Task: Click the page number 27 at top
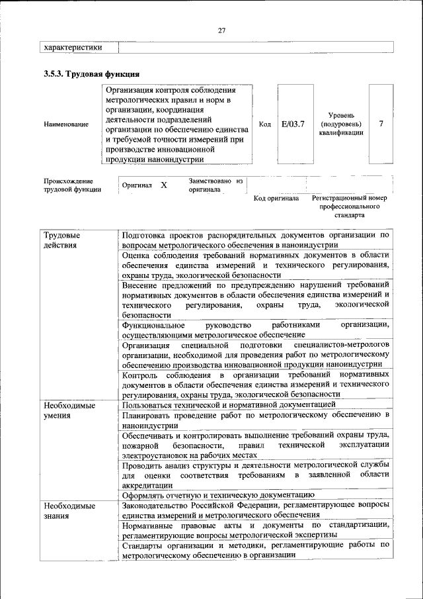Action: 221,30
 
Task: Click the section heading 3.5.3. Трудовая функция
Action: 91,74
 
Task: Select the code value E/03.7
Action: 292,124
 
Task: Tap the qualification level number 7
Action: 381,124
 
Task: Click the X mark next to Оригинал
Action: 164,186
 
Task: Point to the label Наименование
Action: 66,124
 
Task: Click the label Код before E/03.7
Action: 264,124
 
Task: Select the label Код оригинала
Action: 276,198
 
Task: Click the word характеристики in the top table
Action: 73,48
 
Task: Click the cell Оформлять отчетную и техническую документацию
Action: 218,494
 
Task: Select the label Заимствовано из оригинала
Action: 216,185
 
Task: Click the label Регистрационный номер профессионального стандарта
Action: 349,207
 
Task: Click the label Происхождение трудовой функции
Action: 72,185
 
